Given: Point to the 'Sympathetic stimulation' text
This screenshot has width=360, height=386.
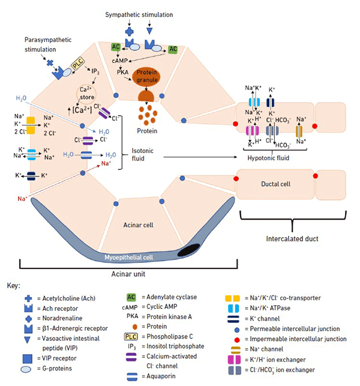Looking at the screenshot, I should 139,14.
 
